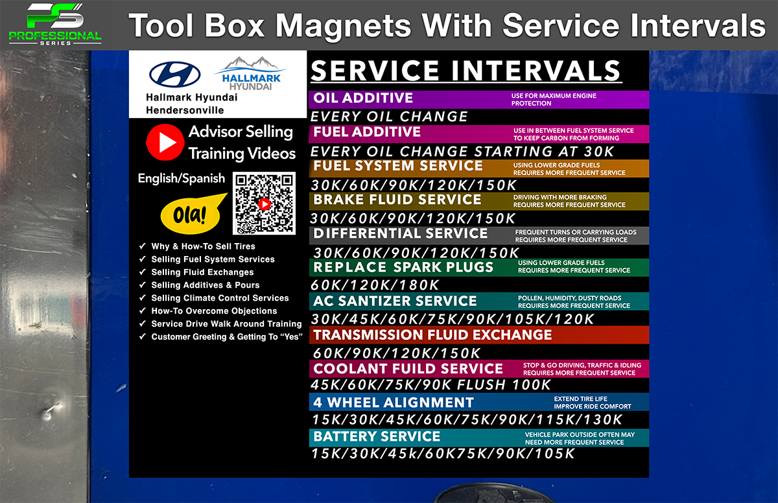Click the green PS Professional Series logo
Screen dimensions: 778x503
point(55,24)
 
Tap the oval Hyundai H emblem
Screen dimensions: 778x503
point(174,75)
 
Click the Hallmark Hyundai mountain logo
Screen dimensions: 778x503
point(250,73)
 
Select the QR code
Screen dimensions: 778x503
point(264,204)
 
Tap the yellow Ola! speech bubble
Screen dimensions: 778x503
point(192,214)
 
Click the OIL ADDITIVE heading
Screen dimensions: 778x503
point(363,98)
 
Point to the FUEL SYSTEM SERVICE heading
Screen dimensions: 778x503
point(398,166)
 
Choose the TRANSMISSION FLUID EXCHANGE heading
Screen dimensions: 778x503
point(432,335)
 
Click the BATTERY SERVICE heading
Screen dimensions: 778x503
point(377,436)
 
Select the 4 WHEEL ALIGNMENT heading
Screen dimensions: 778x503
point(393,403)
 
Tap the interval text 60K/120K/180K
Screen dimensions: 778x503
point(375,285)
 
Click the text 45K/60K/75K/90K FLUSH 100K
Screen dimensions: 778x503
point(430,385)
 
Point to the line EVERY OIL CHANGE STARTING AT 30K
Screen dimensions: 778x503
point(462,152)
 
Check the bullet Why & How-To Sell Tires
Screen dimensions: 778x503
point(203,246)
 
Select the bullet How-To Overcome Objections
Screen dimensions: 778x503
point(214,311)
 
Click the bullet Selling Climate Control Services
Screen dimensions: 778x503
point(220,298)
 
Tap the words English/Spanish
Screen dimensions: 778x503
point(182,179)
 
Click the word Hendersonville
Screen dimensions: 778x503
point(185,110)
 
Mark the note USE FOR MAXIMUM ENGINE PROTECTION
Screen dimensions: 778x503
point(554,100)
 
